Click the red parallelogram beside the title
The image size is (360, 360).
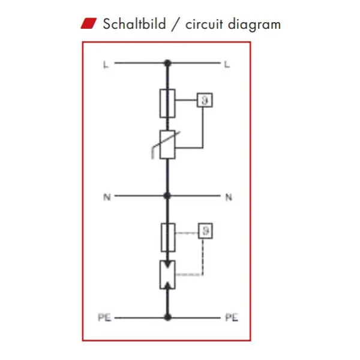[x=89, y=23]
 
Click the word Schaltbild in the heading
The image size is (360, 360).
[x=134, y=24]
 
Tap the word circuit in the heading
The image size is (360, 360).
[x=204, y=25]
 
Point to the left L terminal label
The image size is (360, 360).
[x=106, y=65]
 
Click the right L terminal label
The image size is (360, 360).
[x=227, y=65]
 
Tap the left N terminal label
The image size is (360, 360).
[x=107, y=197]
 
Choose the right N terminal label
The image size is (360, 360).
[x=229, y=197]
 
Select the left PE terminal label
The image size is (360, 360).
[x=104, y=317]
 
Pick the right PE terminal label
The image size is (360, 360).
[x=232, y=317]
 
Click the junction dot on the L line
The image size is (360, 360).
[x=167, y=63]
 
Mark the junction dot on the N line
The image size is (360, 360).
[x=167, y=196]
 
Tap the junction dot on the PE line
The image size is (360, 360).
[x=167, y=317]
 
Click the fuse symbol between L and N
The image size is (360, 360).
[x=167, y=103]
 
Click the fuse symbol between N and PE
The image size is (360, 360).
[x=168, y=238]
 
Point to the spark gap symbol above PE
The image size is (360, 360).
[x=167, y=275]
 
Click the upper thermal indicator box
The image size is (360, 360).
[x=205, y=100]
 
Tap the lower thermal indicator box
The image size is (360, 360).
[x=205, y=231]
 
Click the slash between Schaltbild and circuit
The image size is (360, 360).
[x=175, y=25]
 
